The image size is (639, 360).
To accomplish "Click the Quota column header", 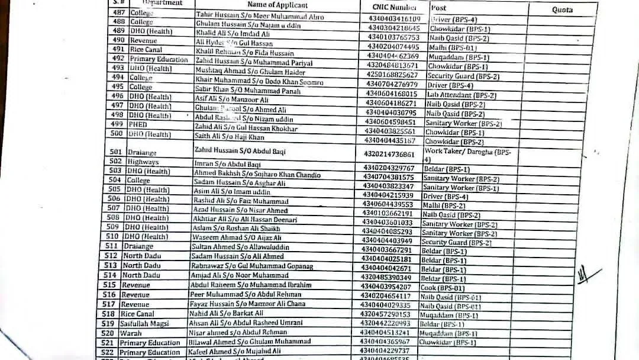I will pos(562,10).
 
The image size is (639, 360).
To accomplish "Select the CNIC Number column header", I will pos(395,8).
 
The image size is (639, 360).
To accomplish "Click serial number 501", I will pos(115,152).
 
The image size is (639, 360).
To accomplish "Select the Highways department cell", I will pos(142,162).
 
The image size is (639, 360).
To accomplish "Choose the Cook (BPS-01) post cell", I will pos(444,288).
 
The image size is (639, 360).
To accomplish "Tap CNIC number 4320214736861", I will pos(393,153).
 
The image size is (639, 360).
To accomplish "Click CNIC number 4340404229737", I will pos(389,352).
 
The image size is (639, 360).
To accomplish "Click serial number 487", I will pos(119,12).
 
